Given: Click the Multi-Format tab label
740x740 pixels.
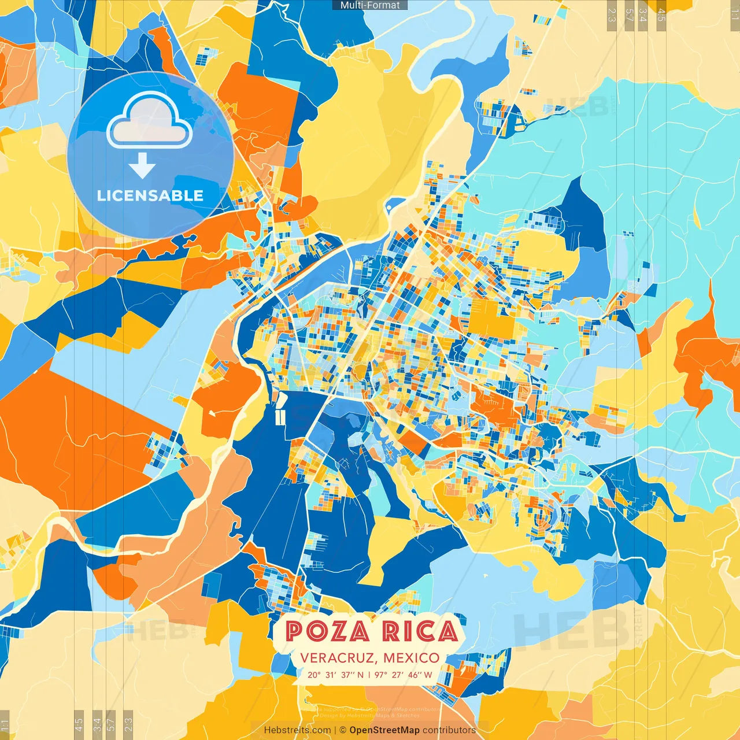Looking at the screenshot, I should click(370, 5).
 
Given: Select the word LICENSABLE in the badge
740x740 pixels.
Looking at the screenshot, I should click(150, 195).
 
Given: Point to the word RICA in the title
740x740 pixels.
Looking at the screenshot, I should click(420, 631).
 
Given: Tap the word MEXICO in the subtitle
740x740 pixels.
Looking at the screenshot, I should click(411, 658).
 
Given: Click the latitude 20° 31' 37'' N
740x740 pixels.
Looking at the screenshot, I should click(336, 674).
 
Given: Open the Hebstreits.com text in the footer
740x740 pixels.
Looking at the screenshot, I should click(298, 730).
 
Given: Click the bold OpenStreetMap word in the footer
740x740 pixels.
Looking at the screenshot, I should click(384, 730).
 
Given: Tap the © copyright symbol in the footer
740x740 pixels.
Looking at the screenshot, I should click(342, 730).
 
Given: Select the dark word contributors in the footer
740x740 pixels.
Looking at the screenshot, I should click(449, 730).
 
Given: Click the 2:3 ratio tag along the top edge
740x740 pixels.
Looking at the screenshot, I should click(612, 14).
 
